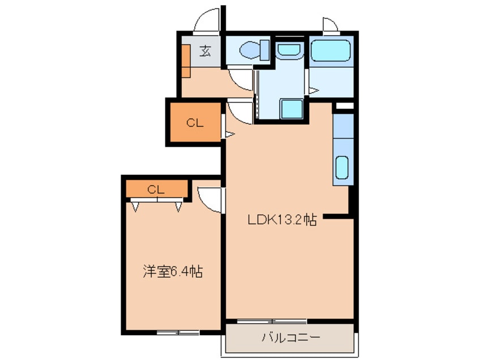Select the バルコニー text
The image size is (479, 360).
coord(290,338)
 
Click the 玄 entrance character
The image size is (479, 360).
coord(204,52)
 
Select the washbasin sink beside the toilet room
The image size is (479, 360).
coord(290,49)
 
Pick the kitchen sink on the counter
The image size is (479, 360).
coord(343,168)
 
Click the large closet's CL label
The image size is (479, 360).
coord(194,123)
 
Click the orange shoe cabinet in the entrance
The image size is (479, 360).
coord(186,59)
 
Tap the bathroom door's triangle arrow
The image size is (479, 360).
coord(312,90)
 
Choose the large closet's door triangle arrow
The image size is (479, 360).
coord(229,134)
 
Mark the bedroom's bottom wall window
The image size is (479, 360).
coord(177,332)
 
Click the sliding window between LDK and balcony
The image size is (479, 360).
coord(272,321)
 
